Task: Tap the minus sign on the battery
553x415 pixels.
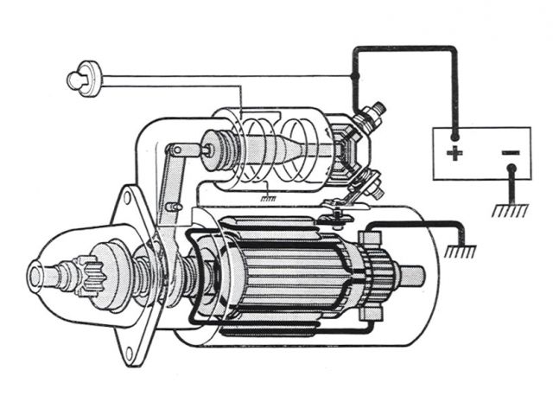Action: (x=510, y=154)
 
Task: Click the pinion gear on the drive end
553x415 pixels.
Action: (x=91, y=273)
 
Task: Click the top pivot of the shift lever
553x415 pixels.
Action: (x=176, y=150)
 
